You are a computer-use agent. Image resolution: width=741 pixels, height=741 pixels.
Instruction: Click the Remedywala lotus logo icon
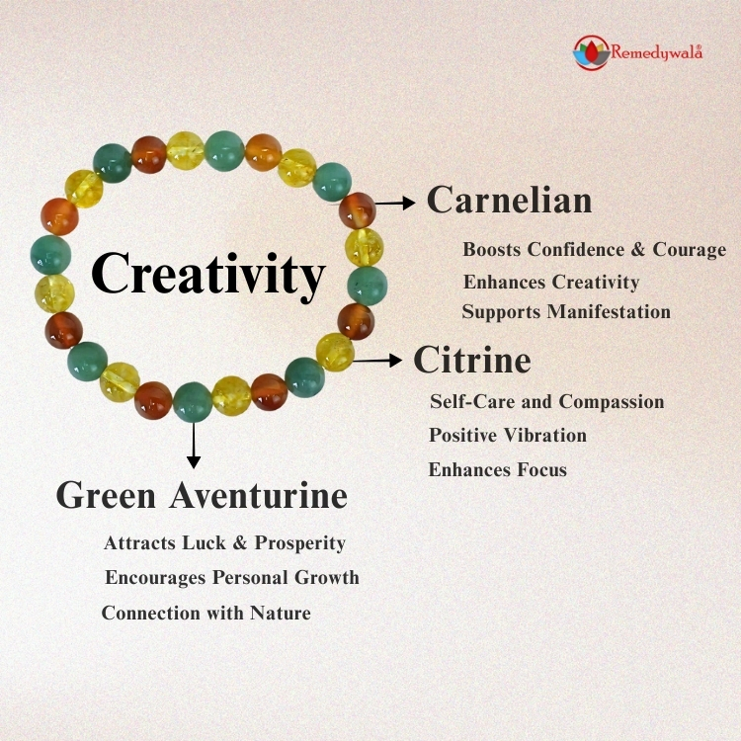(x=590, y=52)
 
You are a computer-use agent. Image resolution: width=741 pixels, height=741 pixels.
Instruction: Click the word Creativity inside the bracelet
(x=208, y=274)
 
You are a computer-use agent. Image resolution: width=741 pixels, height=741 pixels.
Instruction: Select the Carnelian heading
(x=509, y=201)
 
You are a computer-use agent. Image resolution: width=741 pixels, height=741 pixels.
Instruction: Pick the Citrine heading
(x=471, y=360)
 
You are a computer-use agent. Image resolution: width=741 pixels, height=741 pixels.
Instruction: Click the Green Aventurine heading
(x=202, y=495)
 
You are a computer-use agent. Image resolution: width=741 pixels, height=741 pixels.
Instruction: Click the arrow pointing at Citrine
(x=377, y=361)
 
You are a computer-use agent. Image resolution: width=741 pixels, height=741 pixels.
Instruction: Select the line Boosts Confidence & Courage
(x=594, y=250)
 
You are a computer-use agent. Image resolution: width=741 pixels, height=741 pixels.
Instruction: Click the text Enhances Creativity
(x=551, y=283)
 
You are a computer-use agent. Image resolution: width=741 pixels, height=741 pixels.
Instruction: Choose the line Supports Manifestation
(x=566, y=312)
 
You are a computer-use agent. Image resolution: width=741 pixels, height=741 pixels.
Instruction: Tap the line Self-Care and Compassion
(x=546, y=402)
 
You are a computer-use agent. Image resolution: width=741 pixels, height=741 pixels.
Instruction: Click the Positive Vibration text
(x=508, y=436)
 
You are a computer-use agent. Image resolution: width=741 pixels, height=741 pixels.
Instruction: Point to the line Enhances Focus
(x=498, y=469)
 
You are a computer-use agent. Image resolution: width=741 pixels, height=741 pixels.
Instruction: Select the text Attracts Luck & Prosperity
(x=224, y=543)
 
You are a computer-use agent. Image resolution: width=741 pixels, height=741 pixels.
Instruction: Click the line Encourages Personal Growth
(x=232, y=577)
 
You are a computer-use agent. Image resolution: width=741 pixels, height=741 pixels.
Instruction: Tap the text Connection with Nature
(x=206, y=613)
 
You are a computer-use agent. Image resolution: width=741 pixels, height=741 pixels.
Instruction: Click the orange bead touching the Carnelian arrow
(x=357, y=209)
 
